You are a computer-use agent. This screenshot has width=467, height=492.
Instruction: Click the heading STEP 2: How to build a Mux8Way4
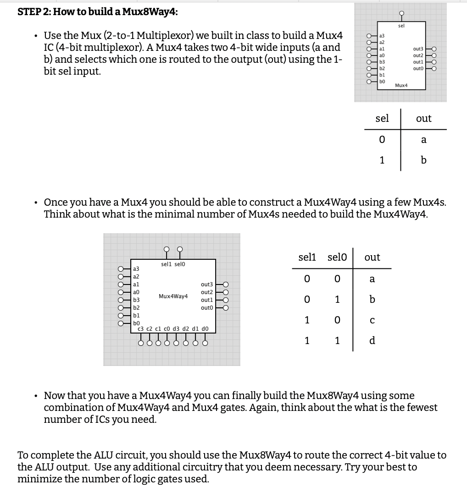[97, 12]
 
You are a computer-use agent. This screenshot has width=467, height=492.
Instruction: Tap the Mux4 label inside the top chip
[401, 85]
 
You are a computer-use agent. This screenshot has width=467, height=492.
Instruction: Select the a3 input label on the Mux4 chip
[381, 35]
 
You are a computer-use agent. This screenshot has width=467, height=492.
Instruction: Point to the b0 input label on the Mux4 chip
[381, 81]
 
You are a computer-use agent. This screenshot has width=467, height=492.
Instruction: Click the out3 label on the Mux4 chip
[417, 49]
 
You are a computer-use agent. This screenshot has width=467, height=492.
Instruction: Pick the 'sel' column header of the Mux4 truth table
[382, 119]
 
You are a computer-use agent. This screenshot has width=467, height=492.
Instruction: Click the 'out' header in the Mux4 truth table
[423, 119]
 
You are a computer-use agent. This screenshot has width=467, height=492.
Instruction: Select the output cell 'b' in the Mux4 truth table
[423, 160]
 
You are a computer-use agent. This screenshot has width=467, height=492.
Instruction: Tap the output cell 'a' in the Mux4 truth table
[423, 140]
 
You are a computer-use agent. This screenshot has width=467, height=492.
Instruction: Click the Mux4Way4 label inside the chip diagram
[173, 296]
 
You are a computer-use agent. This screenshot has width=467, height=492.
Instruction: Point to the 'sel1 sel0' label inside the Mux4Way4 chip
[173, 264]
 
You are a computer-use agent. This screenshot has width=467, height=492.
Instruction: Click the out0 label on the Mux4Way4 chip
[207, 308]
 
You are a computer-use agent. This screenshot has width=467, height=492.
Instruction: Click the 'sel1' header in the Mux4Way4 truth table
[307, 257]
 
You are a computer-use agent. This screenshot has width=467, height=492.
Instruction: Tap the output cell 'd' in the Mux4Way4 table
[372, 341]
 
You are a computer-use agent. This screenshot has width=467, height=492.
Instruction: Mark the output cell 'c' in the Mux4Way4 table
[372, 320]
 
